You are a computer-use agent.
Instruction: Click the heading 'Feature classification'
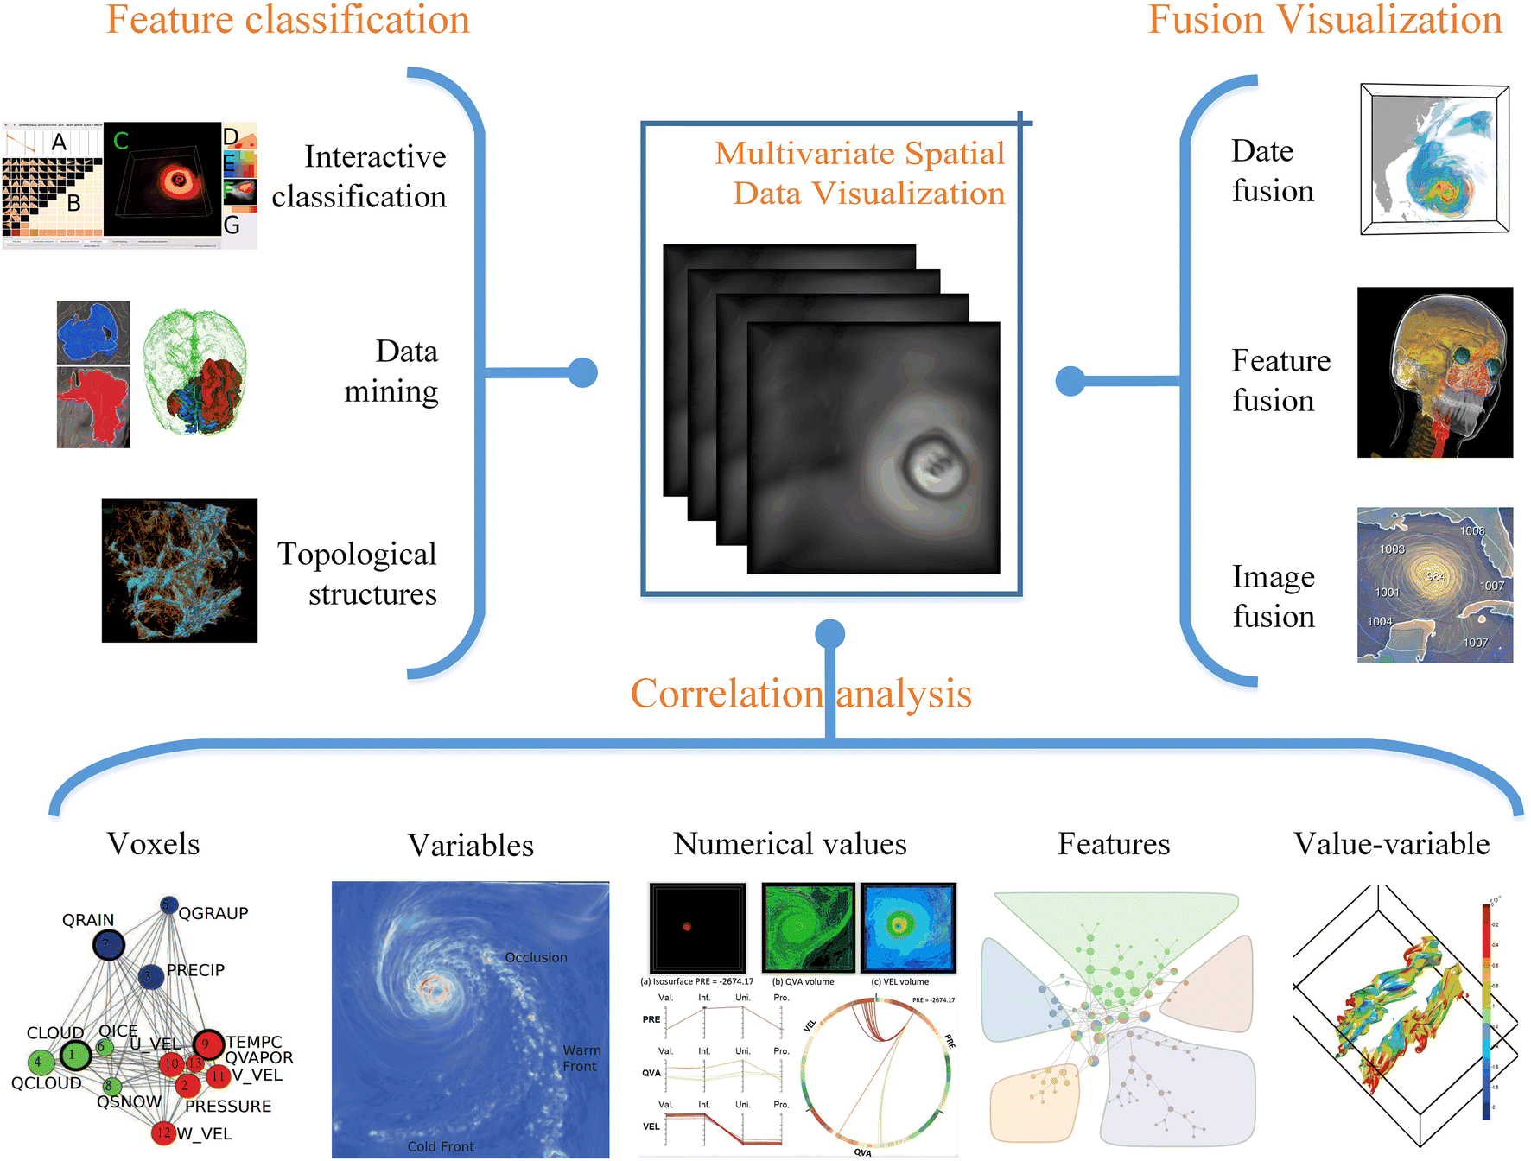click(x=288, y=20)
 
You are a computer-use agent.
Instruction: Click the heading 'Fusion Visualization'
click(x=1325, y=20)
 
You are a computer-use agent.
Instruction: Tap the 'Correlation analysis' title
click(x=801, y=694)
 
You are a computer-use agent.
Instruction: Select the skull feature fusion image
click(x=1435, y=372)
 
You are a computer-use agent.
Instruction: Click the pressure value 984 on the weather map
click(x=1435, y=576)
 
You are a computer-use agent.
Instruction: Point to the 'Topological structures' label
click(x=357, y=574)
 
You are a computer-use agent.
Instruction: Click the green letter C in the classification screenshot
click(x=121, y=141)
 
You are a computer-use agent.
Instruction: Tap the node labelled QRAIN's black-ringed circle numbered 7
click(x=108, y=944)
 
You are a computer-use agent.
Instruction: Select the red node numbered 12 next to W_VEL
click(x=163, y=1132)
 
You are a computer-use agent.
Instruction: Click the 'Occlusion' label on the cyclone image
click(x=536, y=957)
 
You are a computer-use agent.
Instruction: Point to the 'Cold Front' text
click(x=441, y=1146)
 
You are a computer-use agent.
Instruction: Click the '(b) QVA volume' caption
click(x=803, y=981)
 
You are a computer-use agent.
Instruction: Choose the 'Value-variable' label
click(x=1391, y=844)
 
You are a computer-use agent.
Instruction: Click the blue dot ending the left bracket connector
click(x=583, y=373)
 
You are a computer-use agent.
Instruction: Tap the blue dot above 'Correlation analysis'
click(x=829, y=634)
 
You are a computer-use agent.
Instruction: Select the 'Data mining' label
click(x=391, y=371)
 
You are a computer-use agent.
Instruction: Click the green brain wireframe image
click(x=195, y=371)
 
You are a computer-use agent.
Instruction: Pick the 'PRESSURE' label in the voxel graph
click(x=228, y=1106)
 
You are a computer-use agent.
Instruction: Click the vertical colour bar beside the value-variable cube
click(x=1486, y=1011)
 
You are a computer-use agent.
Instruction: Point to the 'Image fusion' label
click(x=1274, y=596)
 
